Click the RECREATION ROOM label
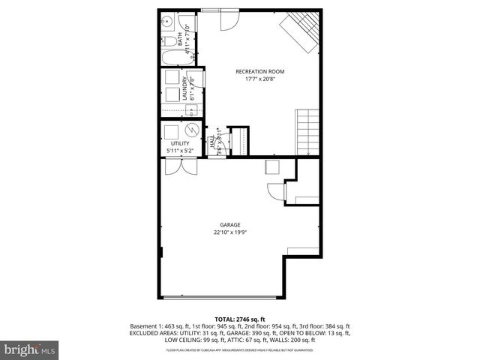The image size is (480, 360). (x=260, y=72)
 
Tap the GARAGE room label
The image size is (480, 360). (x=229, y=224)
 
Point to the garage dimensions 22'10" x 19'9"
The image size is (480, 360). (x=229, y=232)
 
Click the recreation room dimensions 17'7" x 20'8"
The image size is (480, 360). (x=260, y=79)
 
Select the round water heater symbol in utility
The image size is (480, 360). (x=191, y=130)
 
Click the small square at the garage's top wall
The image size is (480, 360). (x=271, y=167)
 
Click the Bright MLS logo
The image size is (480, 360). (x=29, y=349)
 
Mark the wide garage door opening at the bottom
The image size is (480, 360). (x=221, y=294)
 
